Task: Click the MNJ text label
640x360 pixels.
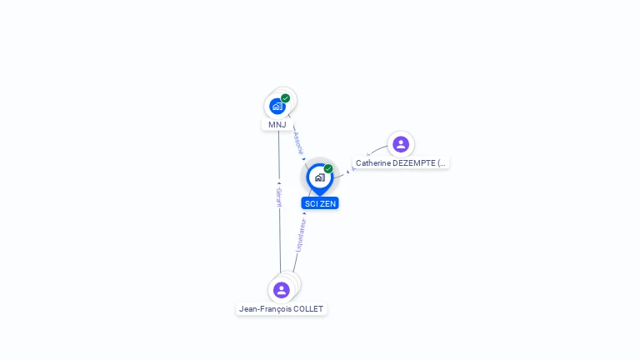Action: coord(277,125)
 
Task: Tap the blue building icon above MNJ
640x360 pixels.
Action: coord(277,106)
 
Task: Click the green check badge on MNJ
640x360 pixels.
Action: coord(286,98)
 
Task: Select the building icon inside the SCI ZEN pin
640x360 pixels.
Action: coord(319,177)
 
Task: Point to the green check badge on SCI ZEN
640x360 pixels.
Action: coord(328,169)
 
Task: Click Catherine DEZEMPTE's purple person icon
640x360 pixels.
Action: coord(401,144)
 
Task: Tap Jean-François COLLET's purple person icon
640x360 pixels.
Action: coord(282,290)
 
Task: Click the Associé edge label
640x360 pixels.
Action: coord(298,142)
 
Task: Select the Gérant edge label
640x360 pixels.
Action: coord(279,197)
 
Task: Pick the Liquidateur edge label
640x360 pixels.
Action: coord(301,235)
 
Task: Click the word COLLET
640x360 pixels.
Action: coord(307,309)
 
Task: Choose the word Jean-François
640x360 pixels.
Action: coord(264,309)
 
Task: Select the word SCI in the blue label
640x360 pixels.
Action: coord(311,203)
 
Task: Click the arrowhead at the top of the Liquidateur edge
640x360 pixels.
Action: coord(304,213)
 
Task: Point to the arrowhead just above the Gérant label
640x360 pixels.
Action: coord(279,182)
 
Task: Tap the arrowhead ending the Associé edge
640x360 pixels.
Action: coord(304,159)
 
